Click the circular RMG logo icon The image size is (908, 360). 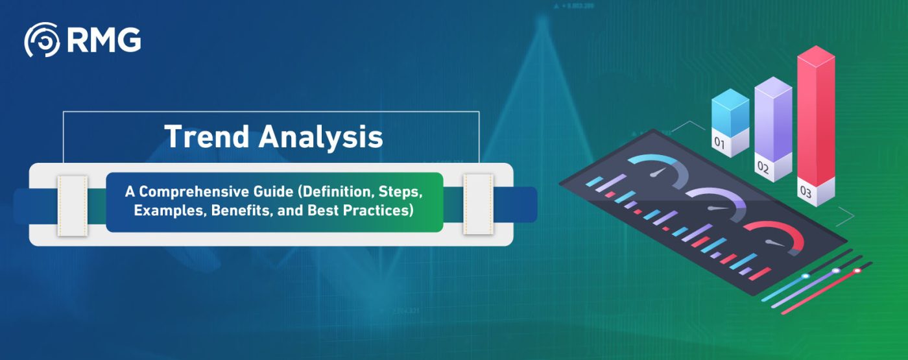(x=42, y=40)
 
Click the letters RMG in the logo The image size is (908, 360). (x=104, y=40)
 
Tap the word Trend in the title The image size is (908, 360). (x=206, y=136)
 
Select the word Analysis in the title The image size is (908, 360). (x=320, y=138)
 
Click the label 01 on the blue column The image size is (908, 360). (x=719, y=142)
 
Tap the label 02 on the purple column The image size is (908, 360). (x=763, y=167)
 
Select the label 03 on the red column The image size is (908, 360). (x=806, y=191)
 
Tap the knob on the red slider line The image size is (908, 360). (x=857, y=270)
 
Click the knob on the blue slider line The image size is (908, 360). (x=806, y=276)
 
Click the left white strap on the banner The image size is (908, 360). (x=73, y=206)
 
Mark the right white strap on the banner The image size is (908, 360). (x=479, y=204)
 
